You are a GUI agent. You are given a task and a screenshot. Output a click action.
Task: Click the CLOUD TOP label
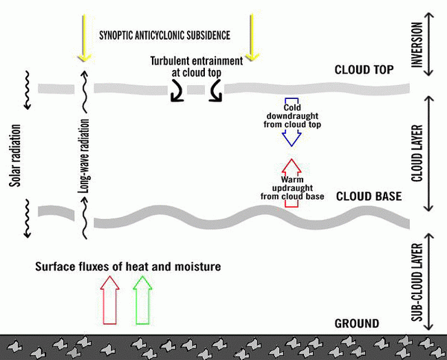pyautogui.click(x=364, y=70)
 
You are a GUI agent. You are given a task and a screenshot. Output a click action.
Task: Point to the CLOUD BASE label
pyautogui.click(x=368, y=196)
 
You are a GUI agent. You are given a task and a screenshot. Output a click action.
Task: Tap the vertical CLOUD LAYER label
pyautogui.click(x=415, y=153)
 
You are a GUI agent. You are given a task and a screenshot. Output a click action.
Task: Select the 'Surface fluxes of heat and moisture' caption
pyautogui.click(x=128, y=266)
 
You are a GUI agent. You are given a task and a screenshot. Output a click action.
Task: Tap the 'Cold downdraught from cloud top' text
pyautogui.click(x=292, y=116)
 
